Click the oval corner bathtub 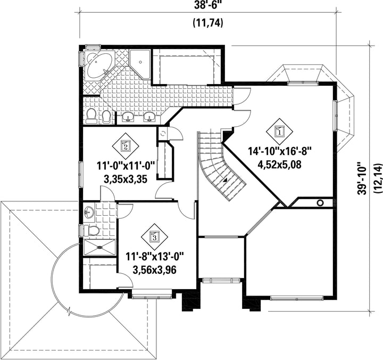pyautogui.click(x=99, y=65)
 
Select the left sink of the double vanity pyautogui.click(x=128, y=117)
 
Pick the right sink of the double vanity pyautogui.click(x=150, y=117)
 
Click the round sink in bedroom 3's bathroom pyautogui.click(x=89, y=213)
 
